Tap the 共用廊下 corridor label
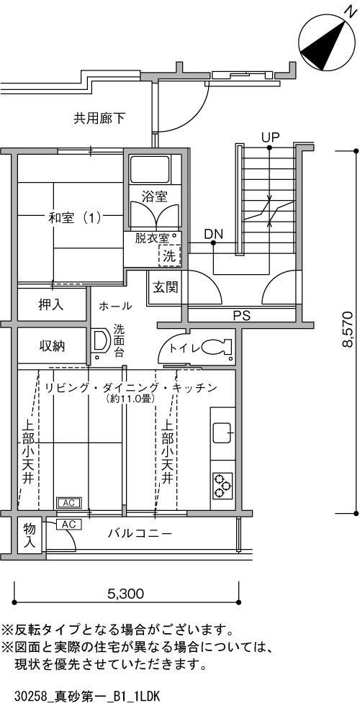pos(99,119)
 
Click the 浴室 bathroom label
pos(155,196)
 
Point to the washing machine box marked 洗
pos(168,255)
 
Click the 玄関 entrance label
pos(165,287)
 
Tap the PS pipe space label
pos(241,316)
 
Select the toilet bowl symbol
pos(216,347)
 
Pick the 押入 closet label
pos(50,305)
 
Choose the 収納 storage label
pos(50,345)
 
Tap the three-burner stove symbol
pos(222,486)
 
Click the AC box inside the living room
pos(68,503)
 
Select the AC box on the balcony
pos(68,524)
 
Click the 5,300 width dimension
pos(126,594)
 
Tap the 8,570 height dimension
pos(348,329)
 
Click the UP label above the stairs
pos(271,137)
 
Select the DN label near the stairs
pos(213,234)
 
